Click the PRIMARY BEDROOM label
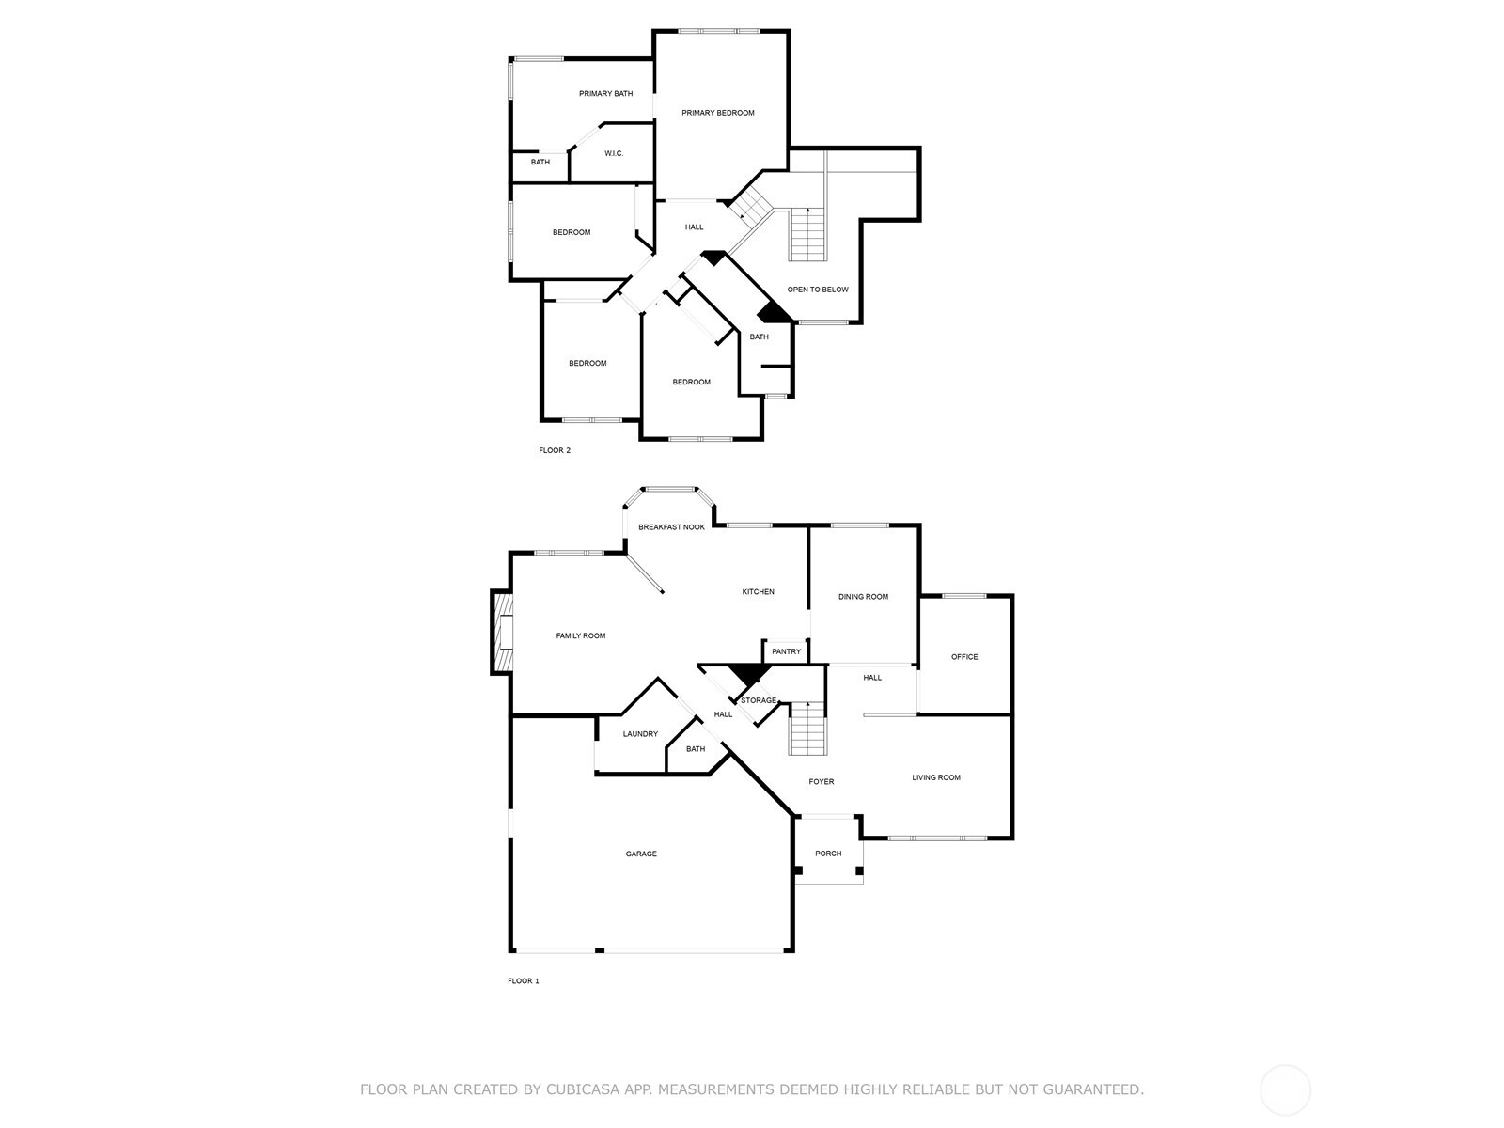click(x=717, y=113)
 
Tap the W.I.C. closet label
click(x=614, y=153)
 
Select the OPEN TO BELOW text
click(x=818, y=290)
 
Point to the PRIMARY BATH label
click(x=605, y=94)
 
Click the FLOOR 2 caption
click(x=555, y=450)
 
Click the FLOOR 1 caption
click(x=524, y=981)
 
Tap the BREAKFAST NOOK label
click(x=671, y=527)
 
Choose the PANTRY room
click(x=786, y=652)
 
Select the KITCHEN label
click(x=758, y=592)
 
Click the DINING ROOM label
click(x=863, y=597)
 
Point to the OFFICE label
click(x=964, y=657)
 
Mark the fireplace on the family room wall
click(x=502, y=633)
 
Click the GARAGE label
click(x=641, y=854)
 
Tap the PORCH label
click(x=828, y=854)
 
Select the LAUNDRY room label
click(x=640, y=734)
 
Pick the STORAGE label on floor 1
click(x=759, y=700)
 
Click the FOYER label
click(x=821, y=781)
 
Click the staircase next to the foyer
click(x=807, y=728)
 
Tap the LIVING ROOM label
click(x=936, y=777)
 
